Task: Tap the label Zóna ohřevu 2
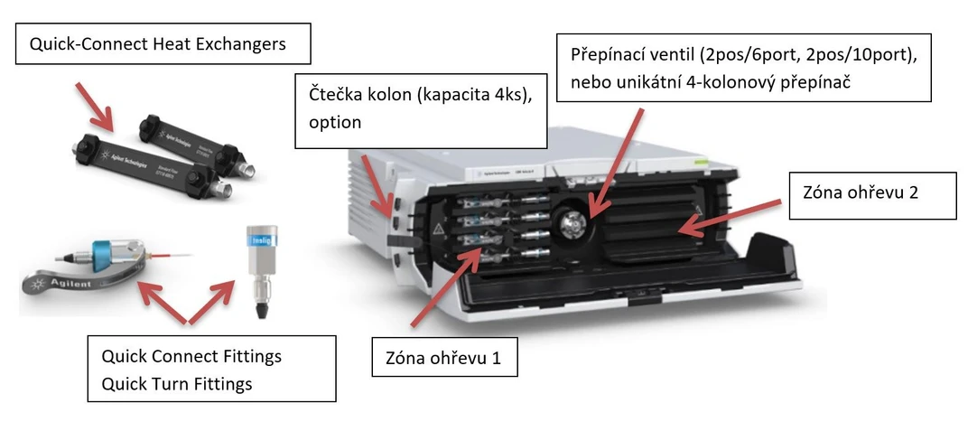[x=872, y=195]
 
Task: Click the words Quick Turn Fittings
[x=177, y=384]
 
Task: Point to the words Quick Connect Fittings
[x=191, y=356]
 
